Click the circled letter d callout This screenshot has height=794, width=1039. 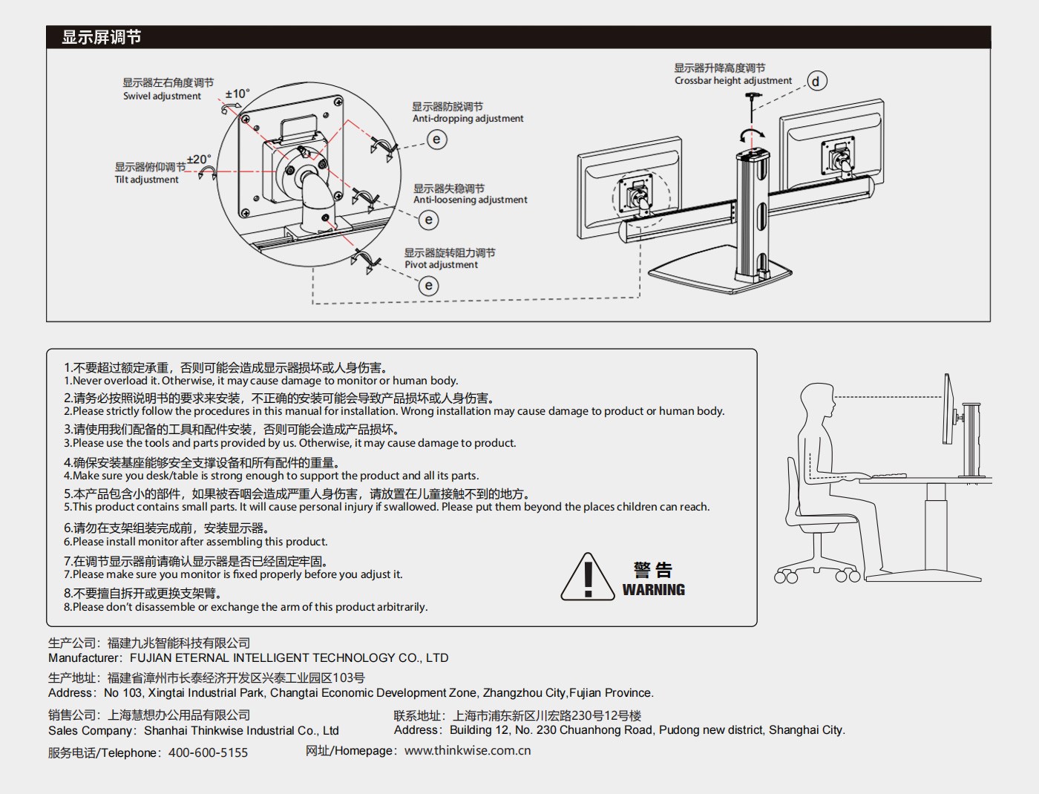pos(816,81)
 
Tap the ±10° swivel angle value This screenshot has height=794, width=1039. pos(237,94)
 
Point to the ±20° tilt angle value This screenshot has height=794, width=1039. pos(199,160)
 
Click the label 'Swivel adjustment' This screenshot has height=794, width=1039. pos(162,96)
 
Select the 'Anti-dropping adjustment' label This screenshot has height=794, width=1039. pos(468,119)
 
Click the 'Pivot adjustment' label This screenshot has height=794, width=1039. pos(441,265)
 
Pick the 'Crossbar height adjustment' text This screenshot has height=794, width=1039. pos(732,81)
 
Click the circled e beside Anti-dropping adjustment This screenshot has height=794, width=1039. pos(437,140)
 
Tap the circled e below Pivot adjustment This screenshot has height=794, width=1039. pos(428,286)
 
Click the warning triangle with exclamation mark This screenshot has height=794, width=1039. pos(588,577)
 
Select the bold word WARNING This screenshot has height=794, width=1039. pos(653,590)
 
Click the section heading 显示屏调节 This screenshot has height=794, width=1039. pos(101,37)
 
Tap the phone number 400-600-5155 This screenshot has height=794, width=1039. pos(209,752)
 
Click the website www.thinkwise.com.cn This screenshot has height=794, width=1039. pos(468,750)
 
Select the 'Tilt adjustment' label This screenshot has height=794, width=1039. pos(146,180)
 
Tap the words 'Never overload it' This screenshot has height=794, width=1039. pos(116,381)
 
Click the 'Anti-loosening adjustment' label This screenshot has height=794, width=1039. pos(470,200)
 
